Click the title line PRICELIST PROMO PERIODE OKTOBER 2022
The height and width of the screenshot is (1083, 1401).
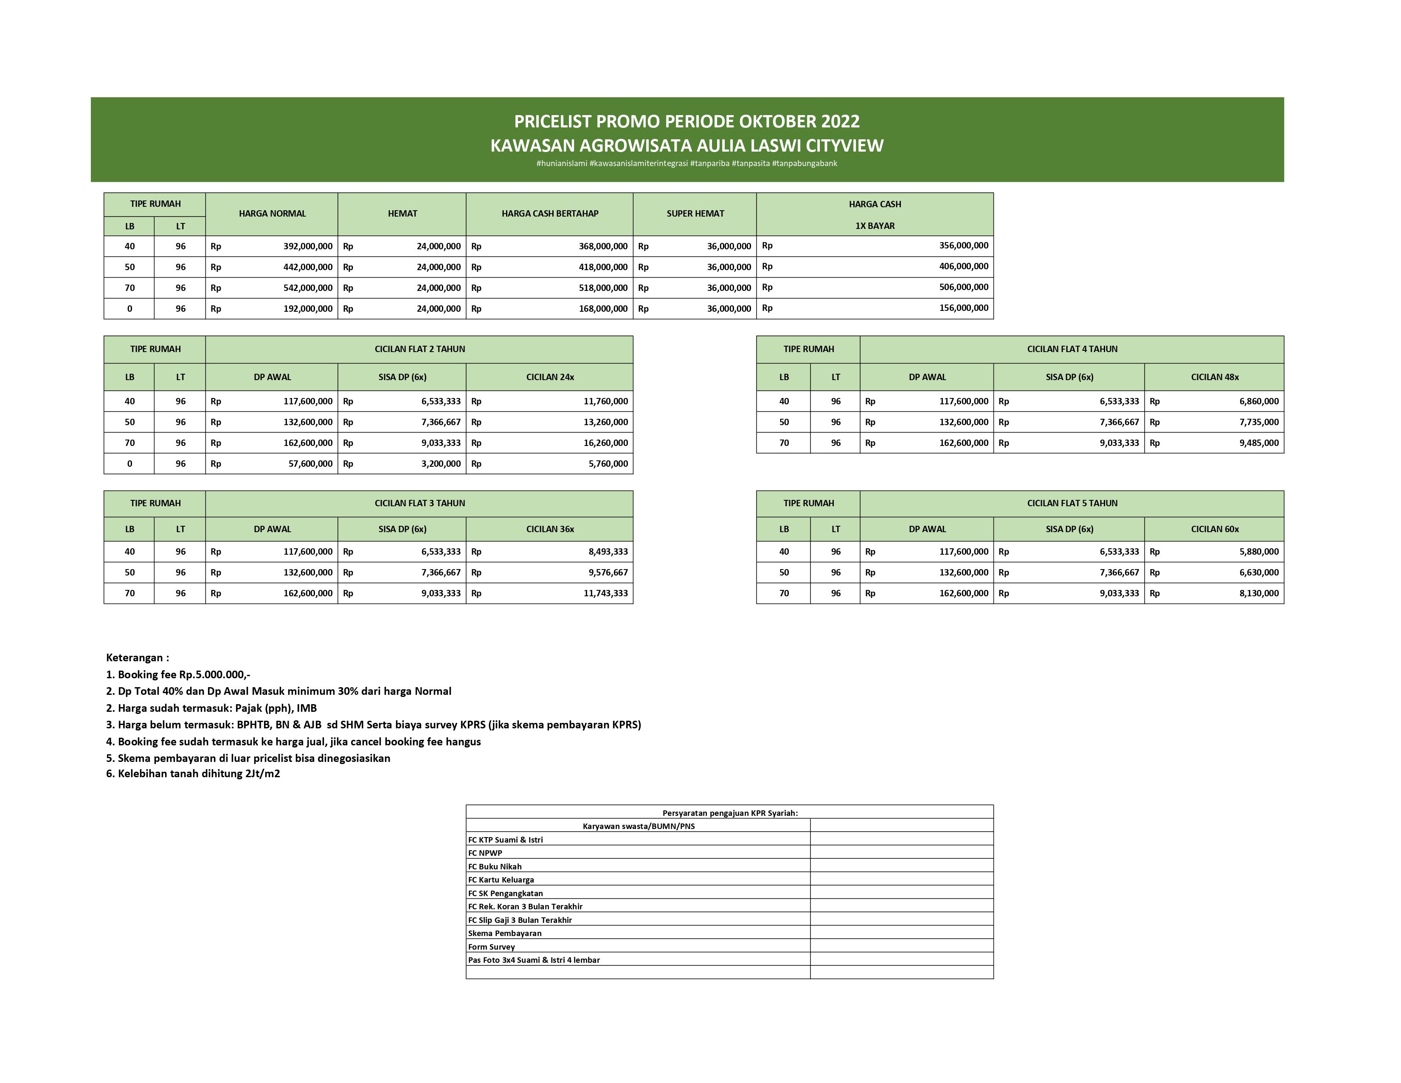click(x=686, y=121)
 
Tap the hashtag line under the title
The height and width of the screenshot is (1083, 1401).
click(x=686, y=164)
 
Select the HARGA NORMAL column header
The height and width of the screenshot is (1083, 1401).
click(x=272, y=214)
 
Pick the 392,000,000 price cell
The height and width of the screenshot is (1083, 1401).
click(x=308, y=246)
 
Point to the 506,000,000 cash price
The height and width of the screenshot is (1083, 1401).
click(x=964, y=288)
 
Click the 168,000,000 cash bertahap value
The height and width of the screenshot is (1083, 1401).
click(x=603, y=309)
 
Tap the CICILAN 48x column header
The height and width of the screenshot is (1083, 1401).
click(x=1214, y=377)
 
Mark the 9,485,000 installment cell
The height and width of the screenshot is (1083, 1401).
click(x=1259, y=443)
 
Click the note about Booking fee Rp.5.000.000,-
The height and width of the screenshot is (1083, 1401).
click(x=178, y=674)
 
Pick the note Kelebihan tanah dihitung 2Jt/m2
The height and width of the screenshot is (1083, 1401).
click(x=193, y=774)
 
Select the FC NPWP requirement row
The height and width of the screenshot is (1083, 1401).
click(x=486, y=853)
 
